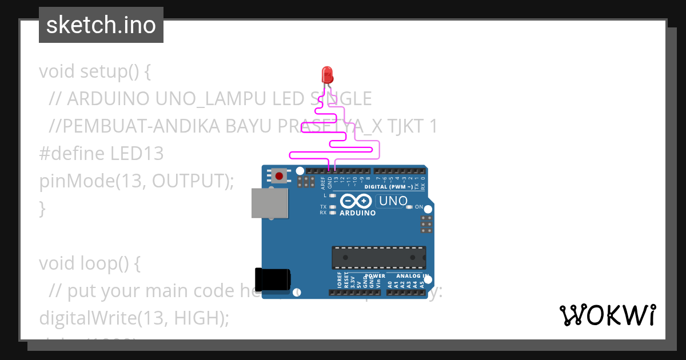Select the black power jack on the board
pos(273,279)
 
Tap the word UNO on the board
pos(393,201)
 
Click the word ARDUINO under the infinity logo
pos(358,213)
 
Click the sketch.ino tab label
pos(101,25)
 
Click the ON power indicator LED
pos(409,207)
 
